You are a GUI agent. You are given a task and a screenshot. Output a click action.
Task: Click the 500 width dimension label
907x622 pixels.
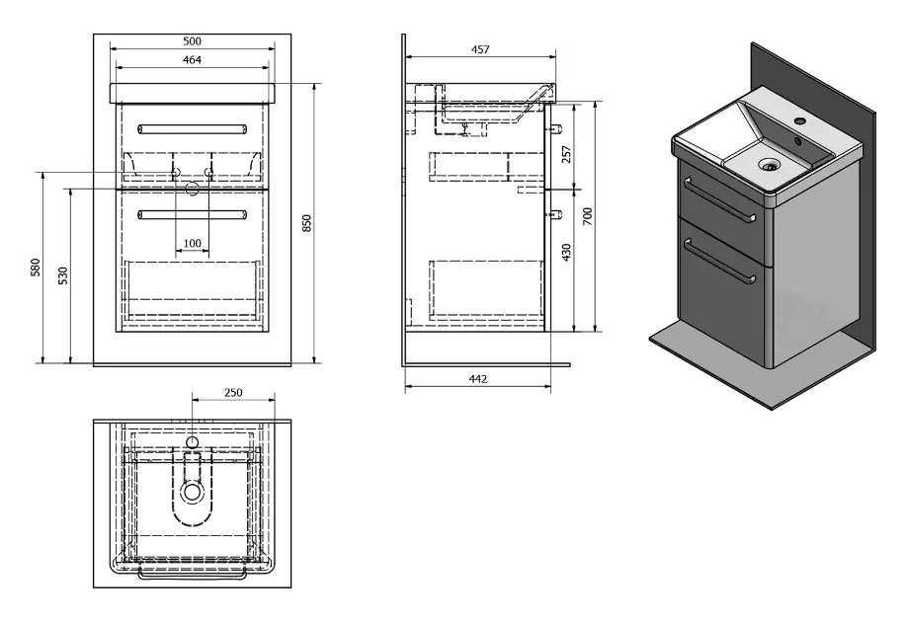(x=192, y=40)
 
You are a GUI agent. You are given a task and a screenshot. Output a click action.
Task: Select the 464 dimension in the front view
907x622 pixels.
(x=192, y=60)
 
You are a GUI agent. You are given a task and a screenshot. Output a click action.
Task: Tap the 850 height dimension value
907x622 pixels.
(x=307, y=224)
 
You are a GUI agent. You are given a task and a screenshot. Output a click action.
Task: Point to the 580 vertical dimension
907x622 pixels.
(x=36, y=269)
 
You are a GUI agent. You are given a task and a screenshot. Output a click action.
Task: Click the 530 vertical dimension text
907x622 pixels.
(x=63, y=275)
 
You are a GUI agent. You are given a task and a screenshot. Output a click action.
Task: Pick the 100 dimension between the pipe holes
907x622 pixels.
(x=192, y=244)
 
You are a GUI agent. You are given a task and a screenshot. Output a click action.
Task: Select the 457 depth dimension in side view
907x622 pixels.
(x=479, y=49)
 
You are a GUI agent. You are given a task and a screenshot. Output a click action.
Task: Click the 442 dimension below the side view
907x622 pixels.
(x=477, y=379)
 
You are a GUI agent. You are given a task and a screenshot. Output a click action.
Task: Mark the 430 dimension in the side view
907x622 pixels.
(x=566, y=254)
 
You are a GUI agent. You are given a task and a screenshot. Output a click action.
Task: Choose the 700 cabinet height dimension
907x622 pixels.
(x=587, y=217)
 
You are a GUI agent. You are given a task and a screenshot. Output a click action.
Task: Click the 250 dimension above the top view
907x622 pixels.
(x=232, y=393)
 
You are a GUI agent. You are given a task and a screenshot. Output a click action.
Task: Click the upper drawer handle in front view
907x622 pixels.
(x=192, y=128)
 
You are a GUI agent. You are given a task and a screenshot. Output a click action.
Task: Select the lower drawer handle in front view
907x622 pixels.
(x=192, y=214)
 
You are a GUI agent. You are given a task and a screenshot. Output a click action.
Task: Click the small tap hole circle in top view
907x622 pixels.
(x=193, y=440)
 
